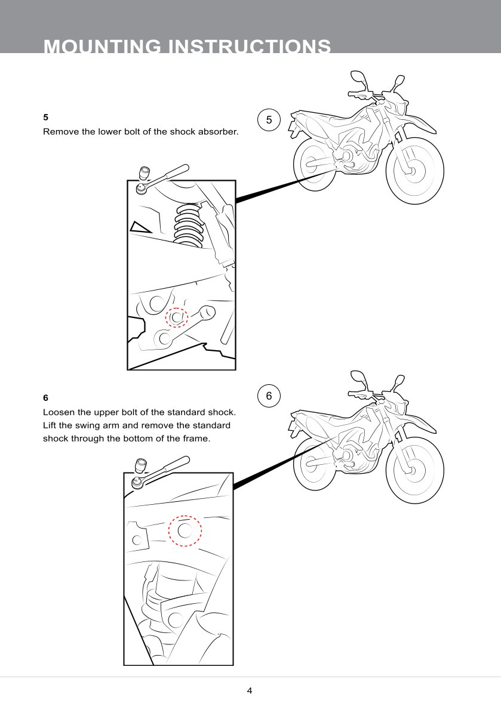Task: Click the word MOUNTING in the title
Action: (x=102, y=47)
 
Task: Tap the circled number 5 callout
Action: (x=269, y=120)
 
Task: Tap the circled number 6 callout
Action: (x=269, y=396)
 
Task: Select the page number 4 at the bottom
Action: (x=250, y=691)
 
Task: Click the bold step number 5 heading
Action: (x=45, y=117)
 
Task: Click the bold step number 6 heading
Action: (x=45, y=397)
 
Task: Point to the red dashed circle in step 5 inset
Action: (x=177, y=318)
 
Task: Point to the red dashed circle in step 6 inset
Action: (x=185, y=530)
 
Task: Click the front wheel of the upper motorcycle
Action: (x=414, y=170)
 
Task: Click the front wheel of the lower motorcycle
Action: (x=414, y=470)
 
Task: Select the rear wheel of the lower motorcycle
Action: (x=316, y=464)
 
